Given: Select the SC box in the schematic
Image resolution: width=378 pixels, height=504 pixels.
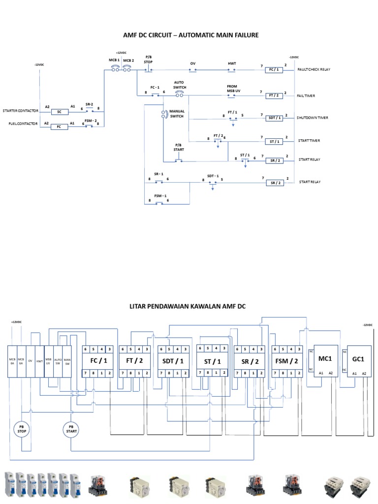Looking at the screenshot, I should click(60, 112).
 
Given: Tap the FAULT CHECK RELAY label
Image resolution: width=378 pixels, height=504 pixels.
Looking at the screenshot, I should click(314, 70).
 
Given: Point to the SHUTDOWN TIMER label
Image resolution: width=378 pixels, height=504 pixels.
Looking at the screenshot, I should click(313, 118).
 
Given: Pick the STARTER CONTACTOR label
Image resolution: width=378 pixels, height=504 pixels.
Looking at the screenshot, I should click(21, 111).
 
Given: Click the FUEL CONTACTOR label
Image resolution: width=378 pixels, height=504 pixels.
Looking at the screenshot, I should click(23, 124).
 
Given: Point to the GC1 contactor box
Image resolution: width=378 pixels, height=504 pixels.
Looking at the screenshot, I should click(358, 361).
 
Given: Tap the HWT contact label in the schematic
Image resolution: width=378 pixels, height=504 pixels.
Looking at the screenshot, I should click(232, 64).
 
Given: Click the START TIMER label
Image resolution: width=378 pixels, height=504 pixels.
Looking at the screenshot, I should click(309, 141).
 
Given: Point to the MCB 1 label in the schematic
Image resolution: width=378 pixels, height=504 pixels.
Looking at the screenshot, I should click(114, 60).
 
